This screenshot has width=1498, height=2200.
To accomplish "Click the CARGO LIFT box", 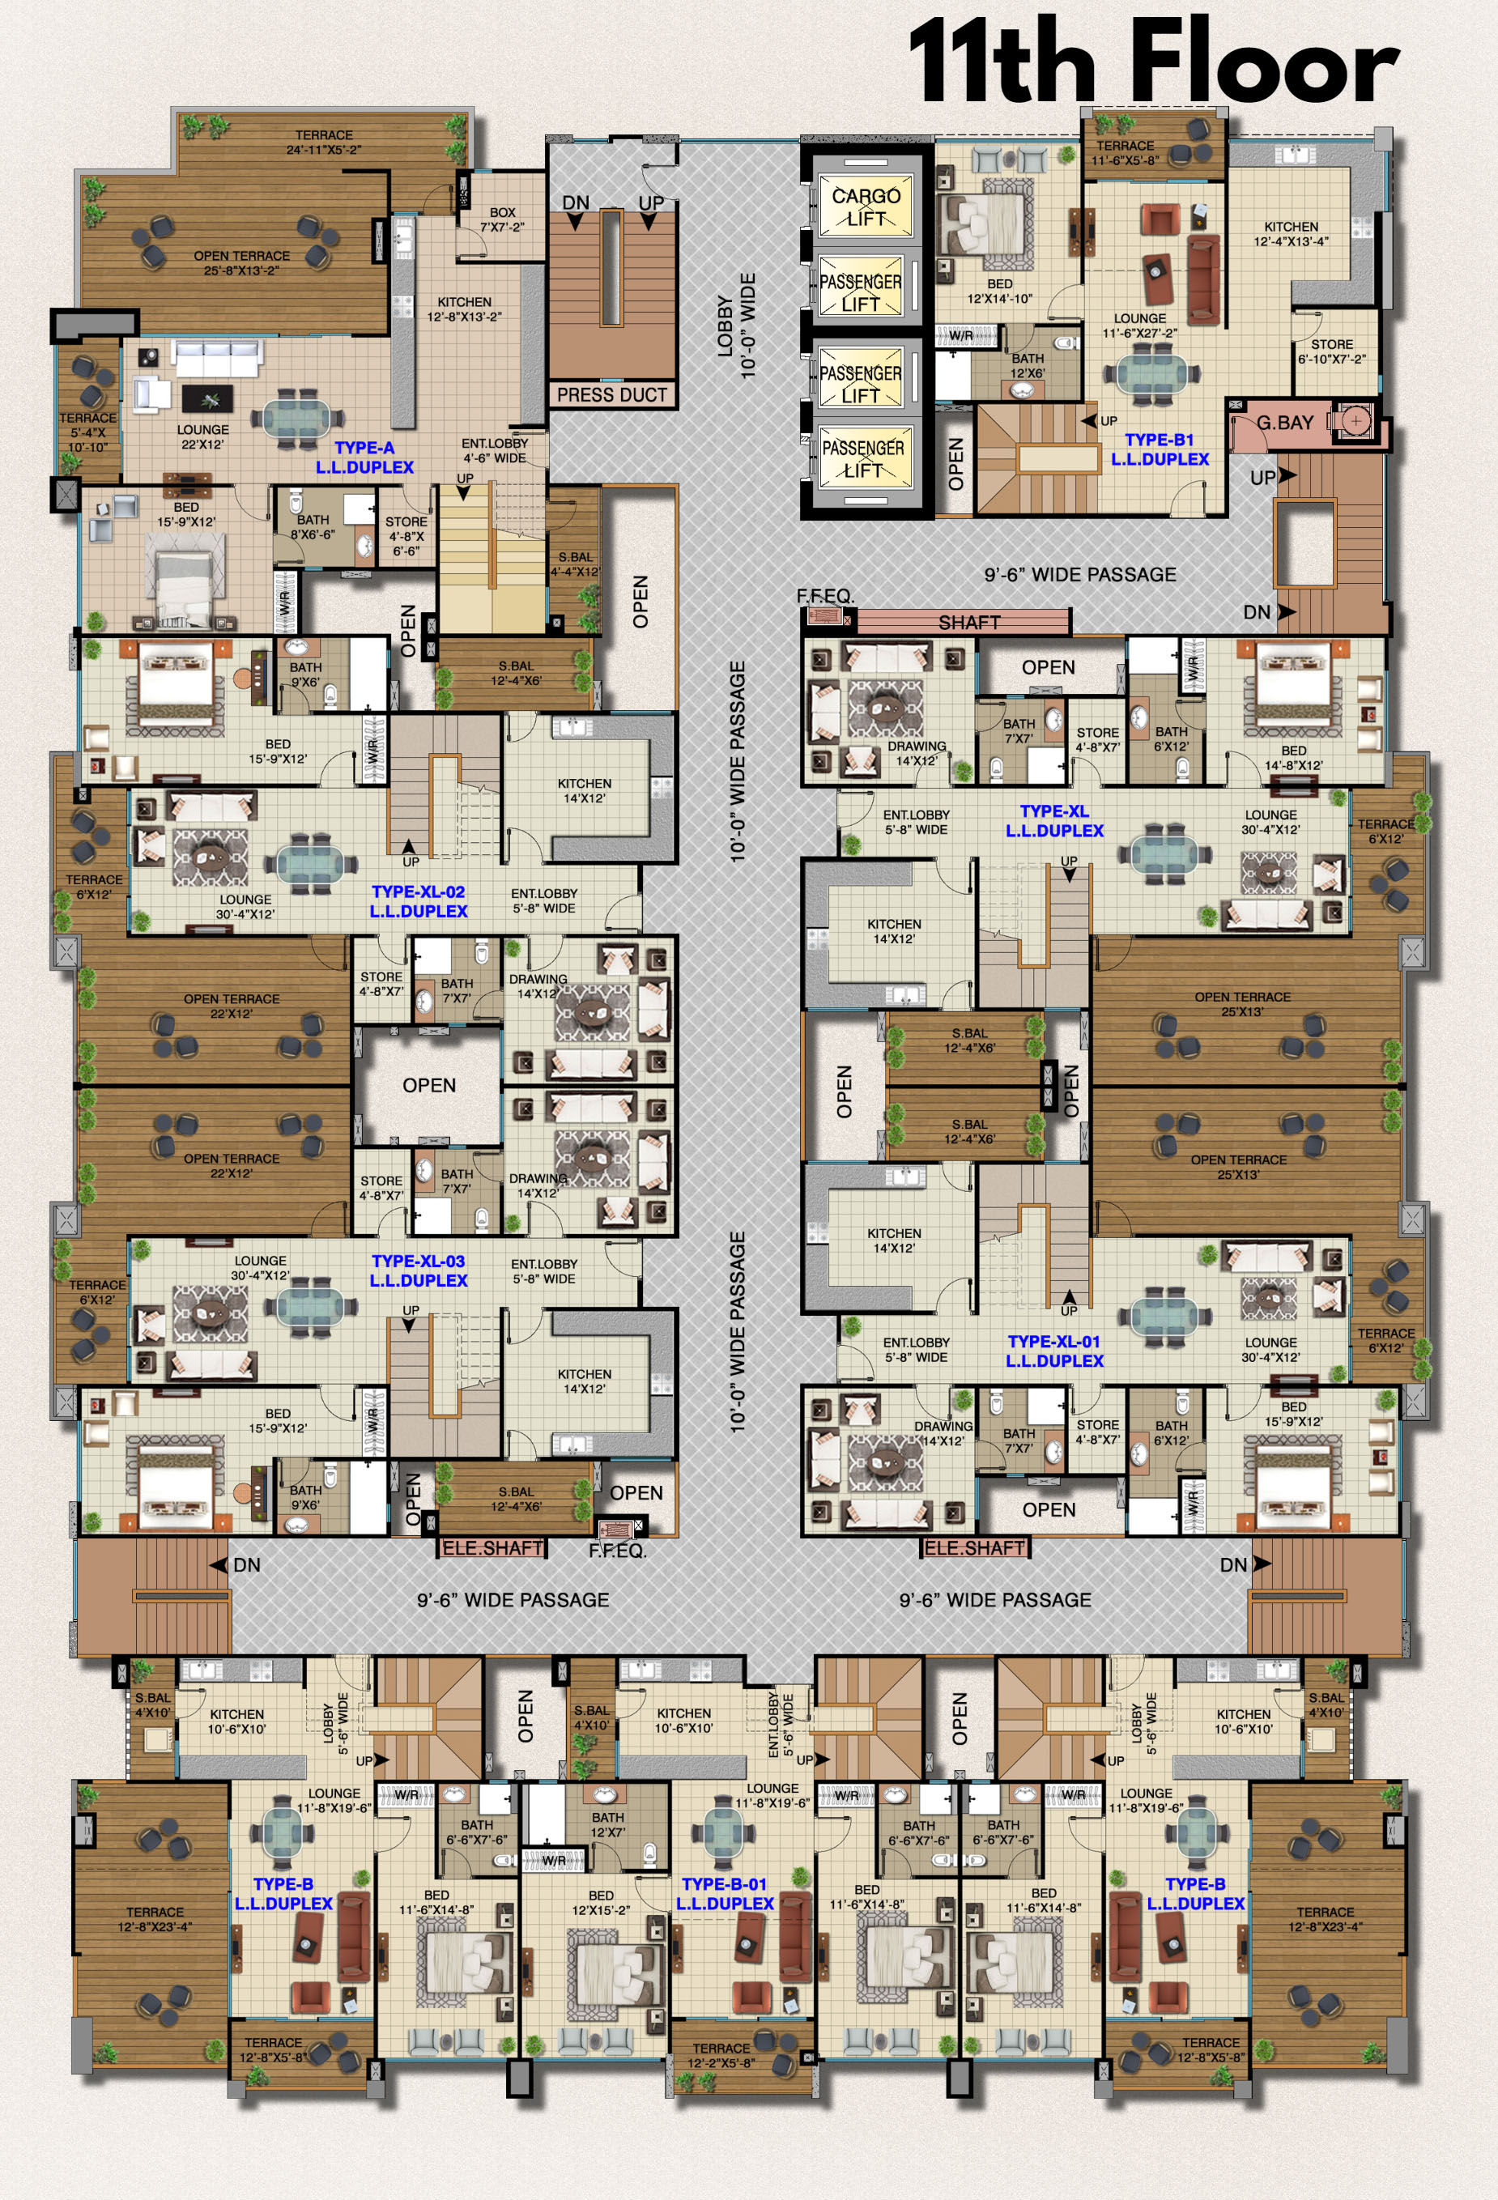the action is click(866, 206).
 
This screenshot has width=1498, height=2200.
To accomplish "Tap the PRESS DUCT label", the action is click(611, 395).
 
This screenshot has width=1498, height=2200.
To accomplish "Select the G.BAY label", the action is click(1285, 422).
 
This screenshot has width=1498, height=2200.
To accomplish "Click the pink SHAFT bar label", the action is click(968, 622).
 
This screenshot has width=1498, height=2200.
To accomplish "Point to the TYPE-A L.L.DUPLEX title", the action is click(364, 457).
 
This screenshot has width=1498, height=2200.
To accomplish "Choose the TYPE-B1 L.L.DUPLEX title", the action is click(1160, 449).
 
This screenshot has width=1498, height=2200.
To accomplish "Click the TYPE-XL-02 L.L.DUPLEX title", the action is click(419, 901).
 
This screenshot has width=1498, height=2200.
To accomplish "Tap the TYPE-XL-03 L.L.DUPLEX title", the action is click(419, 1270).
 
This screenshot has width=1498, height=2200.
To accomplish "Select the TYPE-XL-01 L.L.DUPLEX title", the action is click(1055, 1351).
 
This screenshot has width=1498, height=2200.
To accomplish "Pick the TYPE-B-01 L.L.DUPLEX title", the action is click(726, 1893).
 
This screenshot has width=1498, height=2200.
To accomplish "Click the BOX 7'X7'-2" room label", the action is click(502, 219).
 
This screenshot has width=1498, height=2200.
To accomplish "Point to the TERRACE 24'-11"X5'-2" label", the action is click(324, 142).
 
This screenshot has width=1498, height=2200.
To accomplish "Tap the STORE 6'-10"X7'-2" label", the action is click(1331, 351).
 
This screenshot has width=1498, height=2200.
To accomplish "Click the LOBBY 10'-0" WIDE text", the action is click(737, 326).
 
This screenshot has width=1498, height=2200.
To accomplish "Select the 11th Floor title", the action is click(1153, 62).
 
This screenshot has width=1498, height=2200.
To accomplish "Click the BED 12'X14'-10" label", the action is click(1000, 291).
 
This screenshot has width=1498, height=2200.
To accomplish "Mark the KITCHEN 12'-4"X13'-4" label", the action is click(1292, 234).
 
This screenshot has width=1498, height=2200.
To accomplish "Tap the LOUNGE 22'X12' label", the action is click(202, 436).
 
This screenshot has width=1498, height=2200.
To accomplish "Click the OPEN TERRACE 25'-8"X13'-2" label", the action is click(241, 263).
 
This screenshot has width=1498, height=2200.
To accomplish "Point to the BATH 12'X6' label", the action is click(1028, 365).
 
